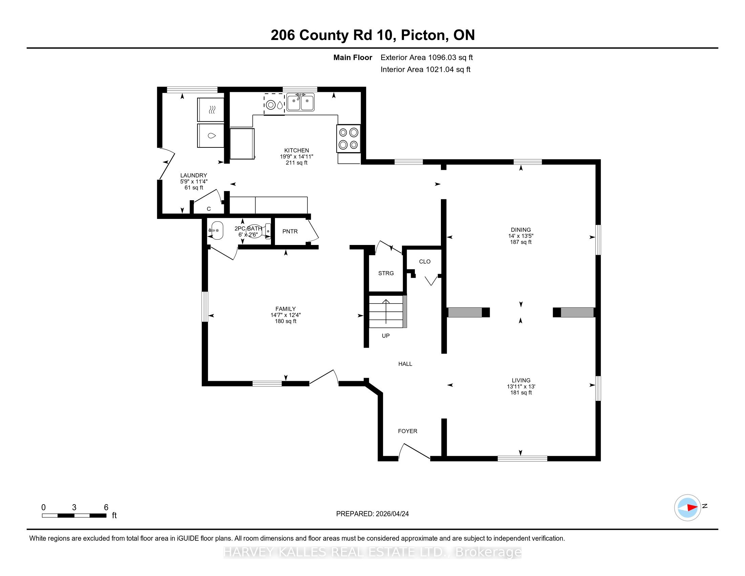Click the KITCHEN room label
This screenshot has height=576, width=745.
(296, 150)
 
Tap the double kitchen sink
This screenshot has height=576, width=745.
(300, 102)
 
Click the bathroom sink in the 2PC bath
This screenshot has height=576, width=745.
(216, 231)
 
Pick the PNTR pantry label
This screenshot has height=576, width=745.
(290, 231)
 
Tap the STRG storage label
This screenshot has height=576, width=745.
(386, 273)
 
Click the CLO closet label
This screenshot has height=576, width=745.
(425, 261)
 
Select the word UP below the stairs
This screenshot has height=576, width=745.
(385, 336)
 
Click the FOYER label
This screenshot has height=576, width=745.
(407, 431)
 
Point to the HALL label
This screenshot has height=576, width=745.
(405, 364)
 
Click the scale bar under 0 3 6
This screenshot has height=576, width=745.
(74, 516)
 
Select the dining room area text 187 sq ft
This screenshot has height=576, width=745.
(520, 242)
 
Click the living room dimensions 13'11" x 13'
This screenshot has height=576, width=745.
(521, 386)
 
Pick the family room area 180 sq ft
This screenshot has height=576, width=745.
(285, 321)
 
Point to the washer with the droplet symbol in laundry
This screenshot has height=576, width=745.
(211, 136)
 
